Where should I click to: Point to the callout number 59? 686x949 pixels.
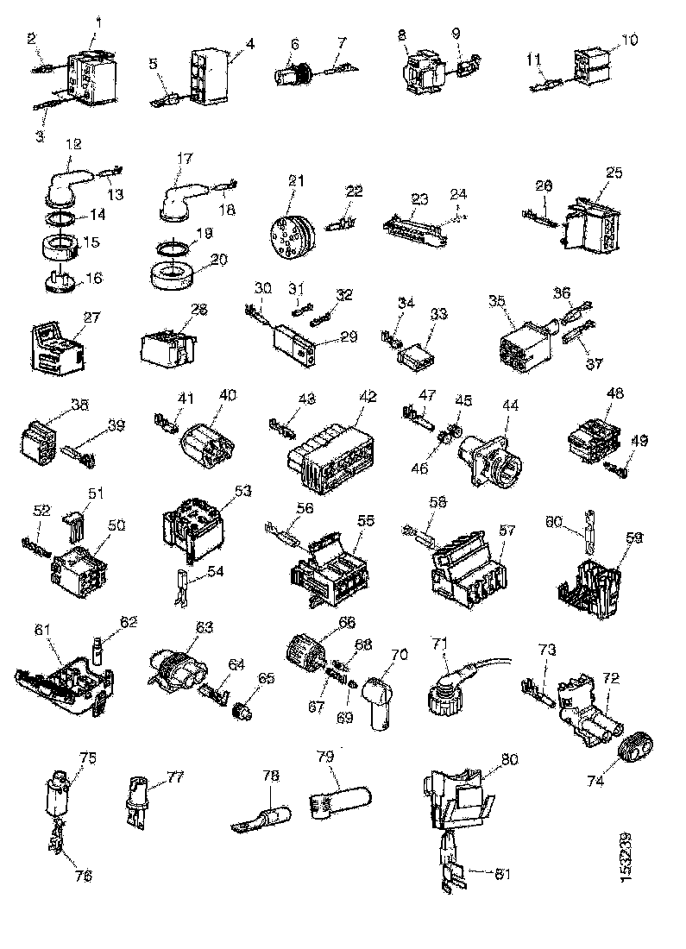[633, 536]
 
